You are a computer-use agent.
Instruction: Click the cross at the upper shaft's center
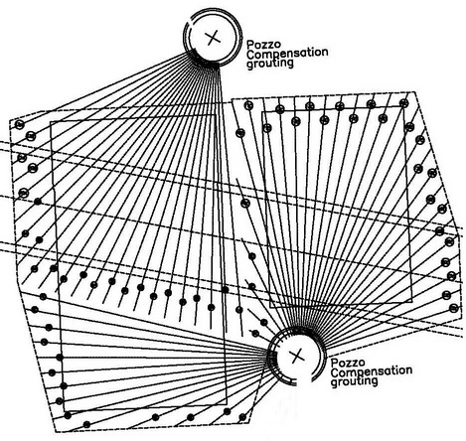click(213, 37)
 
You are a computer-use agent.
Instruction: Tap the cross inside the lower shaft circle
click(297, 356)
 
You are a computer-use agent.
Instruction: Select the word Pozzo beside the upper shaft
click(259, 45)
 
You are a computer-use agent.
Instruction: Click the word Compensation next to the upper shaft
click(287, 53)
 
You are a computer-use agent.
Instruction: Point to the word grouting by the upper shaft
click(270, 63)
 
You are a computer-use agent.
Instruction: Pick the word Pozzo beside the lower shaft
click(344, 363)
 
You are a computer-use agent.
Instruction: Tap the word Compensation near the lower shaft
click(372, 371)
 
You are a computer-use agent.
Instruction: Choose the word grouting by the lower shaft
click(355, 381)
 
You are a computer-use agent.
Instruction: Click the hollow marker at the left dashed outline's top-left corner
click(20, 125)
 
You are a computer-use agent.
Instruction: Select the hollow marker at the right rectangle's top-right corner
click(403, 103)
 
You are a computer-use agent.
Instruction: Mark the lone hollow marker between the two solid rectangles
click(245, 204)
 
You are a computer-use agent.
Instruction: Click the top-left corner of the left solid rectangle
click(51, 122)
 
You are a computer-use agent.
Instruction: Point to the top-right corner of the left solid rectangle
click(215, 115)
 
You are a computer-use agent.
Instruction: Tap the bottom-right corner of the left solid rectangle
click(227, 404)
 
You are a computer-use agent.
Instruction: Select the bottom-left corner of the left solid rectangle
click(65, 412)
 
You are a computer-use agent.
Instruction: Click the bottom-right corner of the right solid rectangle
click(412, 302)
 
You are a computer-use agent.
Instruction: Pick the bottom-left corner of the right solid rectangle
click(270, 308)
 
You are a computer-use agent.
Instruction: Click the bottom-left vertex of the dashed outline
click(55, 432)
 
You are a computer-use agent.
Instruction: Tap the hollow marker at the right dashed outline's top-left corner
click(248, 105)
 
